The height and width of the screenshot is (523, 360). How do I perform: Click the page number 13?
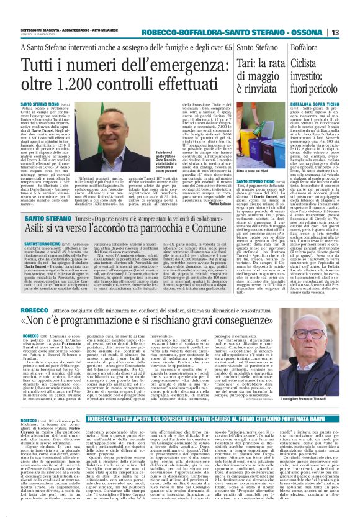coord(350,15)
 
